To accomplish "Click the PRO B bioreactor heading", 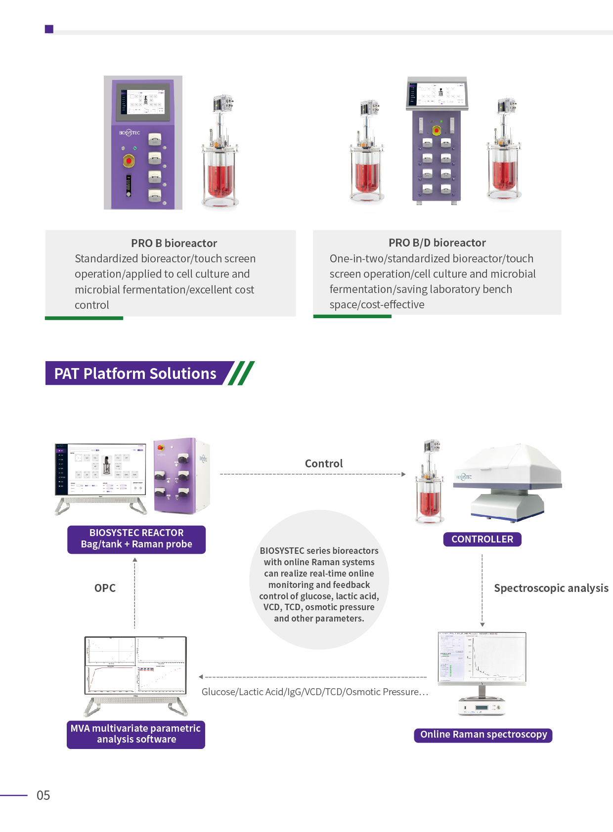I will (174, 243).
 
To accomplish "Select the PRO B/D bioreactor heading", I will (437, 243).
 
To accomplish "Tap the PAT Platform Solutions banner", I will (135, 374).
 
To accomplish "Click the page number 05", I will (44, 795).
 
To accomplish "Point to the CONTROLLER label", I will (482, 539).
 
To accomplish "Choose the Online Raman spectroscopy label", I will (483, 735).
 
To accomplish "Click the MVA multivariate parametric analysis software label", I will (136, 734).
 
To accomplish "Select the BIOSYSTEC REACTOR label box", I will (136, 539).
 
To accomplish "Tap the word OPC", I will (105, 588).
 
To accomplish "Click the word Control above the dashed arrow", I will (324, 463).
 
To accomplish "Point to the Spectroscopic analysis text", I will (551, 588).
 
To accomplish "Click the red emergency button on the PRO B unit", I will (129, 161).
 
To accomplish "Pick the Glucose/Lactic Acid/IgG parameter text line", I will (315, 692).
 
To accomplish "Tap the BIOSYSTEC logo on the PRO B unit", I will (130, 133).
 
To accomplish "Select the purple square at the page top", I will (49, 29).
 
